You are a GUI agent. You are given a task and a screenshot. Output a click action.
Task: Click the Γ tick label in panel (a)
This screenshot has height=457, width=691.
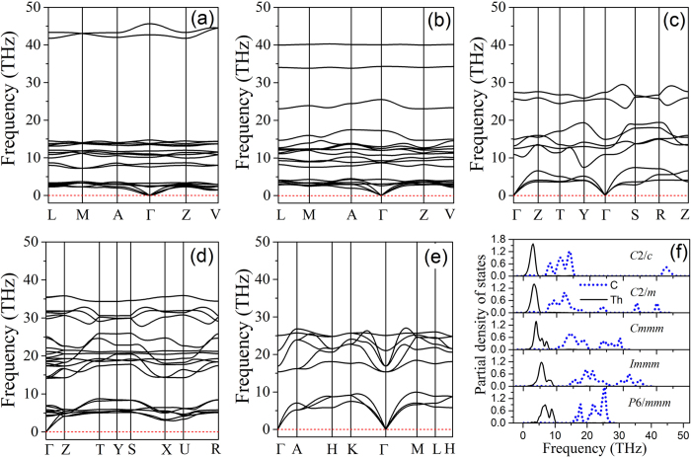pyautogui.click(x=150, y=212)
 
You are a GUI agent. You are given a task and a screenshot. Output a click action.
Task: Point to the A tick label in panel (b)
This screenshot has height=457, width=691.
pyautogui.click(x=350, y=212)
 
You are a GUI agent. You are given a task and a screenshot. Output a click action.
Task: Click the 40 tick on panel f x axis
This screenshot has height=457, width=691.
pyautogui.click(x=652, y=432)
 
